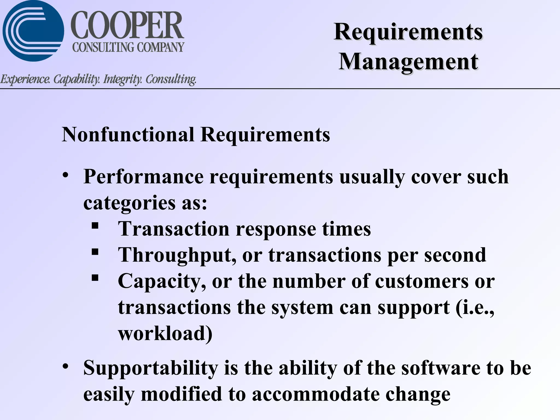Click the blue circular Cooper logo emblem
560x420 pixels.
pyautogui.click(x=33, y=31)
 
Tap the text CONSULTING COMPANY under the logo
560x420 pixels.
pyautogui.click(x=128, y=47)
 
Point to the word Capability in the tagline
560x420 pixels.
pyautogui.click(x=76, y=79)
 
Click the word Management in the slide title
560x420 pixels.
pyautogui.click(x=408, y=62)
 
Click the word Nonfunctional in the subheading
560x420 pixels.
pyautogui.click(x=128, y=135)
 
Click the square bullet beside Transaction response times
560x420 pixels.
pyautogui.click(x=95, y=226)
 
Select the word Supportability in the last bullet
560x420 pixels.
pyautogui.click(x=151, y=368)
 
